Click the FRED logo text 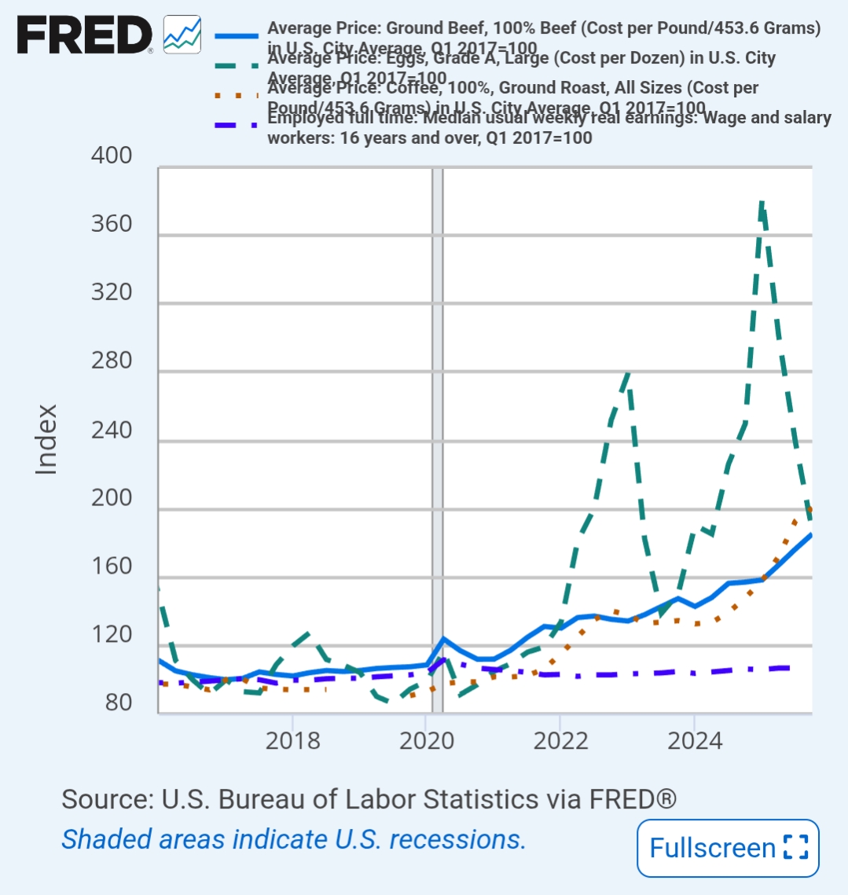pos(85,35)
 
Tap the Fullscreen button pos(728,848)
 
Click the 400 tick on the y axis pos(112,156)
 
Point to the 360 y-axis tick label pos(112,225)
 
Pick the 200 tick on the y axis pos(112,499)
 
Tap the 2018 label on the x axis pos(292,740)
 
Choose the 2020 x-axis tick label pos(426,740)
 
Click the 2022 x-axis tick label pos(560,740)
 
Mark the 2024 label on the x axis pos(694,740)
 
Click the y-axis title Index pos(47,438)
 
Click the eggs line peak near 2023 pos(627,373)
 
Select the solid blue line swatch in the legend pos(236,36)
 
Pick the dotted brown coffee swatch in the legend pos(236,96)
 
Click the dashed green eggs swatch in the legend pos(236,66)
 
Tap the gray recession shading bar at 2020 pos(437,440)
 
